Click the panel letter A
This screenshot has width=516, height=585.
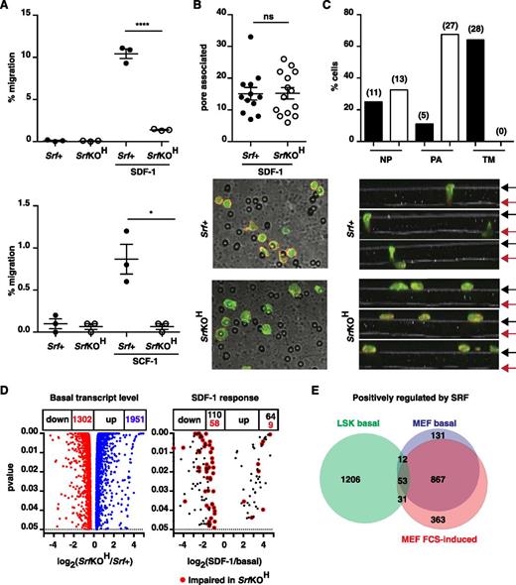click(8, 8)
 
